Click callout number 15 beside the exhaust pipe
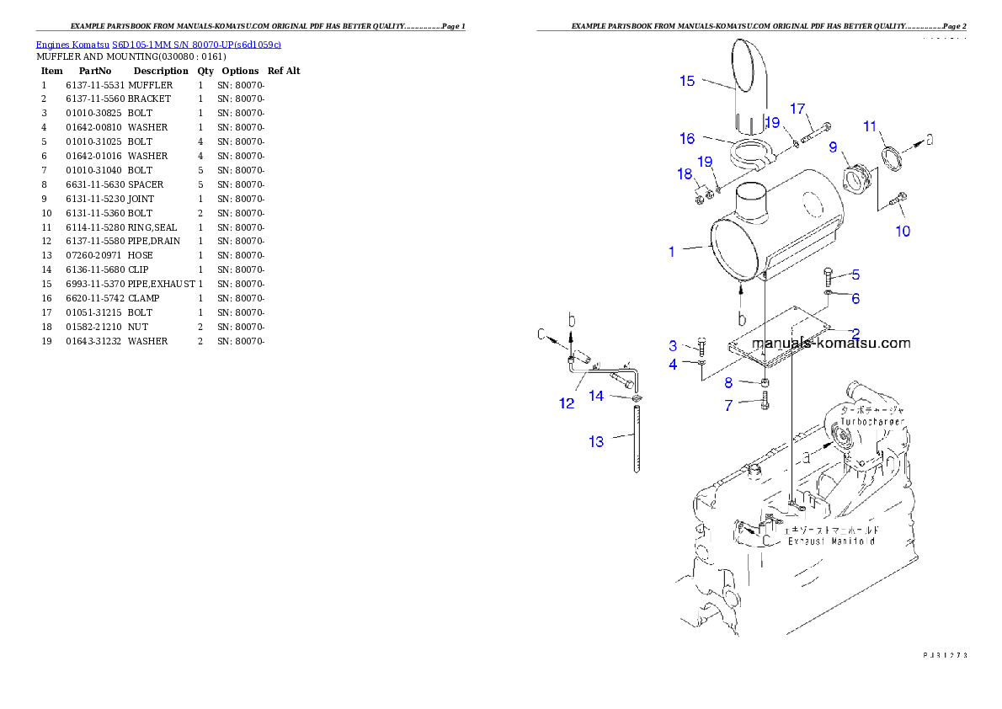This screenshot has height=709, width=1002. click(x=687, y=81)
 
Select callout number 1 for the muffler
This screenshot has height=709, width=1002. click(x=671, y=252)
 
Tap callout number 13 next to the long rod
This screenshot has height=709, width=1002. click(x=596, y=441)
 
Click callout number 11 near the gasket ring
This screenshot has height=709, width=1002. click(x=870, y=127)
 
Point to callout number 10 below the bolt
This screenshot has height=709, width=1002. click(x=902, y=231)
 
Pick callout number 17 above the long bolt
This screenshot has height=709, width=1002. click(x=797, y=109)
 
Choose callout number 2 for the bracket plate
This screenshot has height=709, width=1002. click(x=855, y=333)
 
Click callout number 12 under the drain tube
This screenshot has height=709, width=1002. click(x=567, y=403)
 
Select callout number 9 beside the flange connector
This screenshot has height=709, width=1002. click(x=833, y=147)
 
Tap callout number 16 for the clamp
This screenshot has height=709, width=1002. click(x=687, y=138)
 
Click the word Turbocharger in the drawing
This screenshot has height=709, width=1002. click(x=872, y=421)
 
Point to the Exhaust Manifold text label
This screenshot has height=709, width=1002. click(x=830, y=541)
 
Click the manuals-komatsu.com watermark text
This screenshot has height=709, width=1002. click(x=830, y=344)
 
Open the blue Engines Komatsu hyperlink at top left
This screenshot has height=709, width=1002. click(x=158, y=44)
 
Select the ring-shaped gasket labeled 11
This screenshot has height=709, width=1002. click(x=892, y=157)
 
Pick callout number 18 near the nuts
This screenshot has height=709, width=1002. click(x=685, y=174)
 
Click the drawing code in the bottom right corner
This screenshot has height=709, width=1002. click(x=945, y=653)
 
